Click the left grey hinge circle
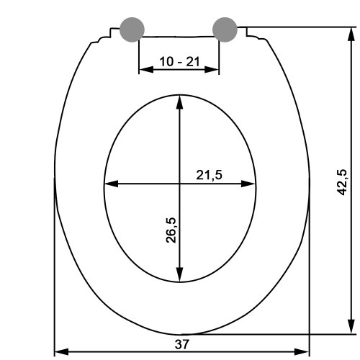(x=132, y=30)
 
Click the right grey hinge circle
(x=225, y=30)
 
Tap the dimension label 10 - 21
(x=179, y=61)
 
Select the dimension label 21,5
(x=210, y=175)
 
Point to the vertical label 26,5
(x=171, y=230)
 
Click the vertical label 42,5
(x=342, y=182)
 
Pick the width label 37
(x=182, y=345)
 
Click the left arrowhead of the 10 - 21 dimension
(x=146, y=70)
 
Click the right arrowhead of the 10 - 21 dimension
(x=212, y=70)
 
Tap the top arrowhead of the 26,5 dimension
(x=179, y=102)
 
